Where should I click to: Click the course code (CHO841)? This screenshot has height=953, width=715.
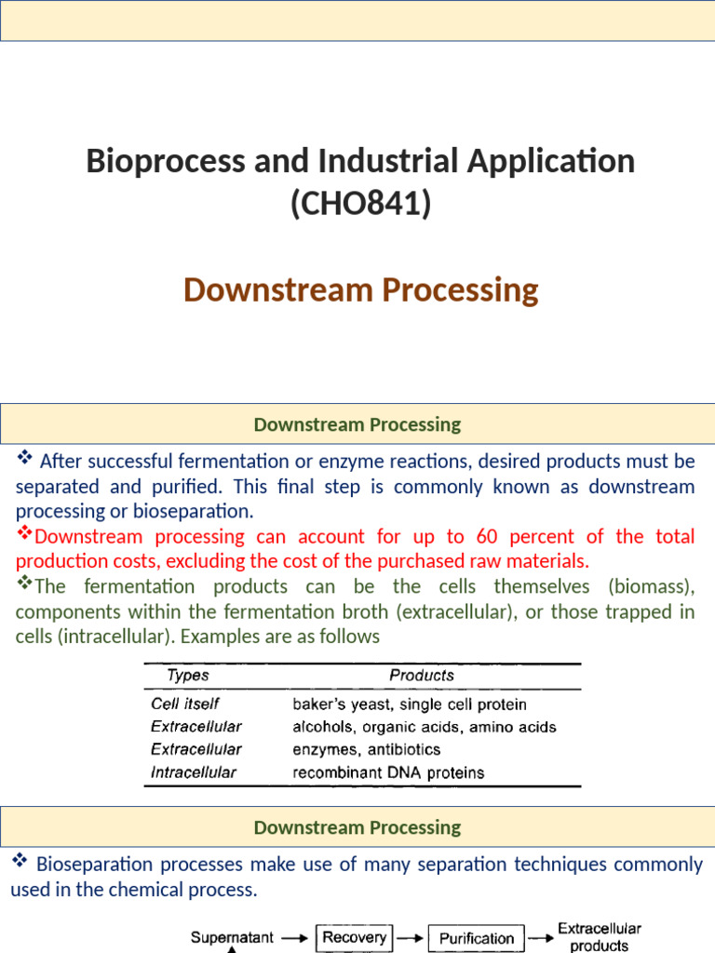coord(360,203)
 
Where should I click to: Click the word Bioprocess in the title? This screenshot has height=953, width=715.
coord(149,161)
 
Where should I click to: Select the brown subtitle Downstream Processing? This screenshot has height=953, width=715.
coord(360,289)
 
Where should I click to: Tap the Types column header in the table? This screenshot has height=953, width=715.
coord(187,675)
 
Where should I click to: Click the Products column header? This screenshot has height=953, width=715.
coord(422,675)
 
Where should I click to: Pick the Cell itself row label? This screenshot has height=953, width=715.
coord(184,705)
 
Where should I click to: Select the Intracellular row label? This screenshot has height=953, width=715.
coord(194,772)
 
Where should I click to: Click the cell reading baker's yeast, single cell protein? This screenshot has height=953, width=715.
coord(410,705)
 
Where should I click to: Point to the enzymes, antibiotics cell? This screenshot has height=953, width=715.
coord(367,749)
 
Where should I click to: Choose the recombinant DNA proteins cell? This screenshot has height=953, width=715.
coord(388,772)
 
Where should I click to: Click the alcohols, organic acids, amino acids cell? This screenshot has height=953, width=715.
coord(425,727)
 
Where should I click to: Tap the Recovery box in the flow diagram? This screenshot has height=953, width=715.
coord(355,937)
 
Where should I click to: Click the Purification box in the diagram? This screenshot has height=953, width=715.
coord(476,938)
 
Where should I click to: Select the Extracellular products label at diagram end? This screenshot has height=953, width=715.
coord(600,937)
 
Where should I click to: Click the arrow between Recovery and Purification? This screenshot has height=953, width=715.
coord(411,938)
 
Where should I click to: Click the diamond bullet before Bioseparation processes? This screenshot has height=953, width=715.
coord(20,862)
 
